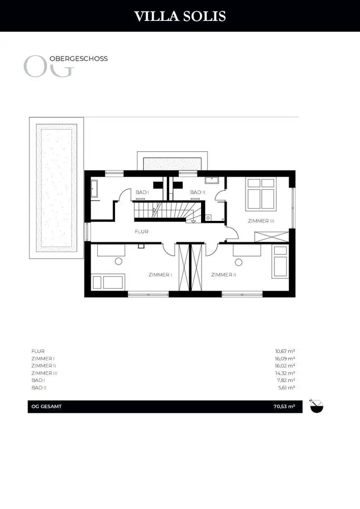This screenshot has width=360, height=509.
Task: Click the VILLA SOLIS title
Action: pos(180,16)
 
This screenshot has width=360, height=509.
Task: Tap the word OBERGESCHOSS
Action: pos(78,59)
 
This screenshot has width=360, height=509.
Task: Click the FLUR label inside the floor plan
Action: pos(142,232)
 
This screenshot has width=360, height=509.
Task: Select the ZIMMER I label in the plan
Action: pos(160,275)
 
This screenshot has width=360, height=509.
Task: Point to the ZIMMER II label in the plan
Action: pos(224,275)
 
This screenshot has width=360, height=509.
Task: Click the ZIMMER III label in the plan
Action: pos(261,221)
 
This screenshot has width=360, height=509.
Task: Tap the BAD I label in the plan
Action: pos(142,192)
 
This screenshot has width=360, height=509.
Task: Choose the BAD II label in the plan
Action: pos(198,192)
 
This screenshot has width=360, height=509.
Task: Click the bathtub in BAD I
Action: pos(94,189)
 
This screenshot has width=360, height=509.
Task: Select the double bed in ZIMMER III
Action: pos(261,193)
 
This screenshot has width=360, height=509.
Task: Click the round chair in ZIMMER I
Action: pos(119,261)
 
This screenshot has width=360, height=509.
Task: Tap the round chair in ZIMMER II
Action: pos(239,262)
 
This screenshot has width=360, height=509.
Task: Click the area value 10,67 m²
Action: pos(285,351)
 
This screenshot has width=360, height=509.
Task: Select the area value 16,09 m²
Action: pos(285,358)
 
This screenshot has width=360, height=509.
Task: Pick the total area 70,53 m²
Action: pos(284,406)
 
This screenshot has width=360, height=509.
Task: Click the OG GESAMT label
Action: pos(46,406)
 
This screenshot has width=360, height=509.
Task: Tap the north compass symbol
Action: pos(317,406)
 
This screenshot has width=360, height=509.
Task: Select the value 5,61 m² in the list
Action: pos(287,387)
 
